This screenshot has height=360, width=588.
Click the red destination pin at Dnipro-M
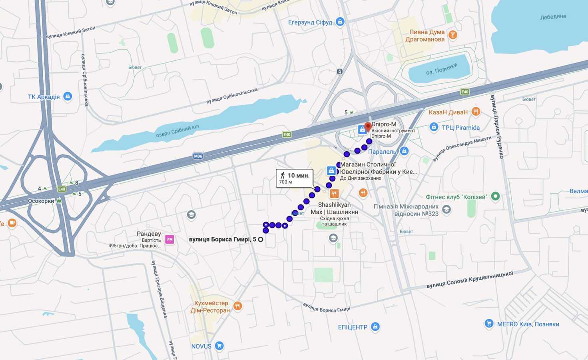coord(368,127)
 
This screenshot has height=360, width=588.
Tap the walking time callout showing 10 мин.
coord(295,178)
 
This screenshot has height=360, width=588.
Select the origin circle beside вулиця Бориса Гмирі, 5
coord(261,239)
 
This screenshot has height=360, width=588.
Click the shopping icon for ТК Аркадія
coord(68,96)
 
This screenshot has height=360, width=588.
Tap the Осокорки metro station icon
coord(59,201)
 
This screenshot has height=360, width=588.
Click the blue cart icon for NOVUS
coord(219,346)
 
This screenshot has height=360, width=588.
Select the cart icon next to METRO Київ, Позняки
coord(488,324)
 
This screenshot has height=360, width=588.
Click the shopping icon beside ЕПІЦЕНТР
coord(375,327)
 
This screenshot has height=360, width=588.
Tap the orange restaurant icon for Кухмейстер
coord(238,306)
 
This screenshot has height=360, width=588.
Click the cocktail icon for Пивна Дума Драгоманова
coord(452,35)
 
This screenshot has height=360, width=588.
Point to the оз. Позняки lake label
coord(441,69)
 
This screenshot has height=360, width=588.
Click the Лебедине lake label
coord(553,17)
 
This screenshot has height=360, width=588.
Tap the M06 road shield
coord(198,156)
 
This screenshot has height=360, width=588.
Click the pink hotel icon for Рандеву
coord(169,239)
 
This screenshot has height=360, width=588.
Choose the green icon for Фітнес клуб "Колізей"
coord(495,196)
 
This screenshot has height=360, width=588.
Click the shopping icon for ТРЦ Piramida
coord(434,127)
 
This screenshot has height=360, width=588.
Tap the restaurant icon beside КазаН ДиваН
coord(475,112)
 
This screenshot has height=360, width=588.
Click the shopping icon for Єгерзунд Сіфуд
coord(340,22)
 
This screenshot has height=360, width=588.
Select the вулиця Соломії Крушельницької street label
coord(470,280)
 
